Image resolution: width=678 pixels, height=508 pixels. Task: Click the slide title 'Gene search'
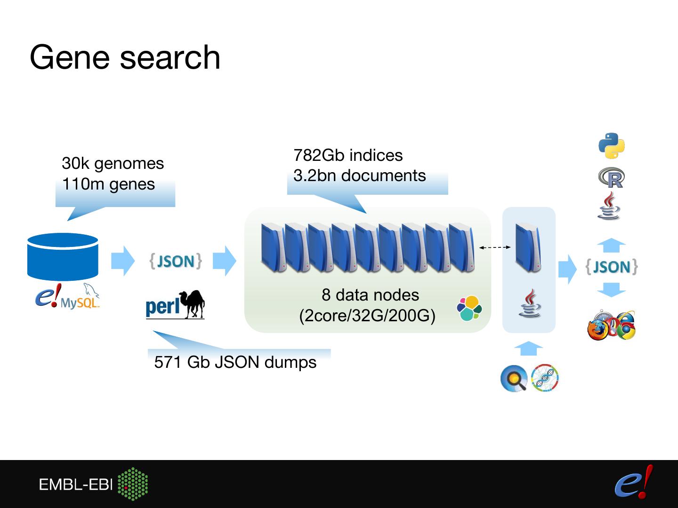click(x=125, y=58)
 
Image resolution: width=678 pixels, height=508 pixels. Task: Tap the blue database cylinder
click(x=63, y=257)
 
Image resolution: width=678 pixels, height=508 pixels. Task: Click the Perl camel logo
click(x=175, y=304)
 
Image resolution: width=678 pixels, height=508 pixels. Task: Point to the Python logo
click(x=612, y=146)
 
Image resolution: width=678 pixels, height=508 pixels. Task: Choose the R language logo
click(x=612, y=178)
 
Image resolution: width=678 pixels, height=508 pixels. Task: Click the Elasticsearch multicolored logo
click(x=469, y=308)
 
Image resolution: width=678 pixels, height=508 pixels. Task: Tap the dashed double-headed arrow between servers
click(x=495, y=247)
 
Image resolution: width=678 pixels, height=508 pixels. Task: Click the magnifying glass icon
click(x=514, y=378)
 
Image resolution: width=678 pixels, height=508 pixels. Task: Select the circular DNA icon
click(x=545, y=378)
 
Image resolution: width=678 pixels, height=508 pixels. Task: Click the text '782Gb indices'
click(x=348, y=155)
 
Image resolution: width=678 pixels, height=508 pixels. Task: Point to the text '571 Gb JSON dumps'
click(x=235, y=362)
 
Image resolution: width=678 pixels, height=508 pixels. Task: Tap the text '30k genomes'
click(x=113, y=164)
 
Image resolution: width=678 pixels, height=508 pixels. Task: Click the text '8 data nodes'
click(x=371, y=295)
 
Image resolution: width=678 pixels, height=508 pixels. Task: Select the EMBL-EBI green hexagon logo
click(x=133, y=484)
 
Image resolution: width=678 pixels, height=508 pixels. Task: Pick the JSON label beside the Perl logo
click(x=176, y=261)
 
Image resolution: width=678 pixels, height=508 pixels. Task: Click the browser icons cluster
click(x=612, y=325)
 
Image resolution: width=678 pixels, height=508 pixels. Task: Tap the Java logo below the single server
click(x=530, y=303)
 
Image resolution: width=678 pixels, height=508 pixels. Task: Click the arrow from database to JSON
click(x=123, y=261)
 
